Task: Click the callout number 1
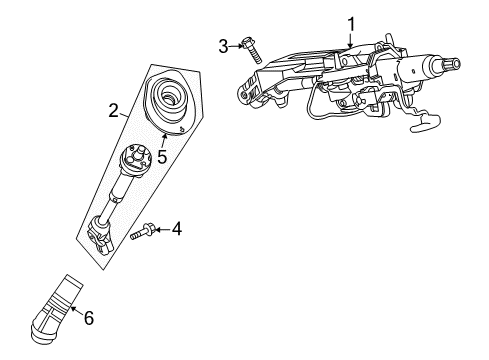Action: coord(351,22)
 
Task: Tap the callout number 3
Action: coord(224,44)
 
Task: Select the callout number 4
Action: coord(176,230)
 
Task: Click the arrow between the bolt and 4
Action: coord(162,231)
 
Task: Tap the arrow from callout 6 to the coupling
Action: coord(77,307)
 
